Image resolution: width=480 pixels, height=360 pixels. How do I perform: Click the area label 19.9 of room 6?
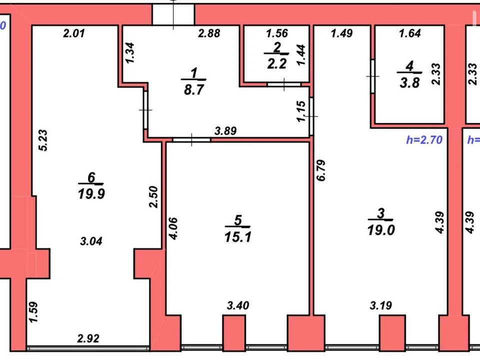[x=91, y=194]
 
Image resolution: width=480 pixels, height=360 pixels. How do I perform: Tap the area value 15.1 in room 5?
[x=238, y=237]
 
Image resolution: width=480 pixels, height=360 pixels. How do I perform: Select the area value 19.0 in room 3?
[x=381, y=230]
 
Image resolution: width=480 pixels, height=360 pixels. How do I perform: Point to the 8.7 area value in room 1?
[x=194, y=90]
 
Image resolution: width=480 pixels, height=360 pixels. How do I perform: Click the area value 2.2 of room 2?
[x=276, y=64]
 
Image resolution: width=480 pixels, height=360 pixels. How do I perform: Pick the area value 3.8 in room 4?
[x=409, y=83]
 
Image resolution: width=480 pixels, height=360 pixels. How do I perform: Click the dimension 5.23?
[x=43, y=140]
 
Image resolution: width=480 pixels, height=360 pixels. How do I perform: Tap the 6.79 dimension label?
[x=321, y=170]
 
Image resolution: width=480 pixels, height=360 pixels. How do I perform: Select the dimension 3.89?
[x=225, y=131]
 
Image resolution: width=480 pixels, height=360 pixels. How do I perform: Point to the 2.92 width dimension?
[x=88, y=338]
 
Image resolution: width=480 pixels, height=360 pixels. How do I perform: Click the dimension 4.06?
[x=172, y=228]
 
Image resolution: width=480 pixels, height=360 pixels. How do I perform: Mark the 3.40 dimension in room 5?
[x=238, y=305]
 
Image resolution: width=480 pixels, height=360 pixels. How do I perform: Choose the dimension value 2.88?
[x=209, y=33]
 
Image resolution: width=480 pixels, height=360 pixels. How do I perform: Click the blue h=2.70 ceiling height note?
[x=424, y=140]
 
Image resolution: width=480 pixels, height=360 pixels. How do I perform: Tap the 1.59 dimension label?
[x=33, y=312]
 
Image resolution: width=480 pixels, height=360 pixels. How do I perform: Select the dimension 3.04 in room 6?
[x=91, y=241]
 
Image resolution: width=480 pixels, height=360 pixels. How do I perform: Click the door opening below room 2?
[x=284, y=84]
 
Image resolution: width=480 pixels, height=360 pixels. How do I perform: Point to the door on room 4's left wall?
[x=373, y=76]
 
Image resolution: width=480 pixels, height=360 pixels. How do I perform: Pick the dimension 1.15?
[x=301, y=111]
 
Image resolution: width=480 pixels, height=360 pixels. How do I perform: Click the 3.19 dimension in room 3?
[x=381, y=305]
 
